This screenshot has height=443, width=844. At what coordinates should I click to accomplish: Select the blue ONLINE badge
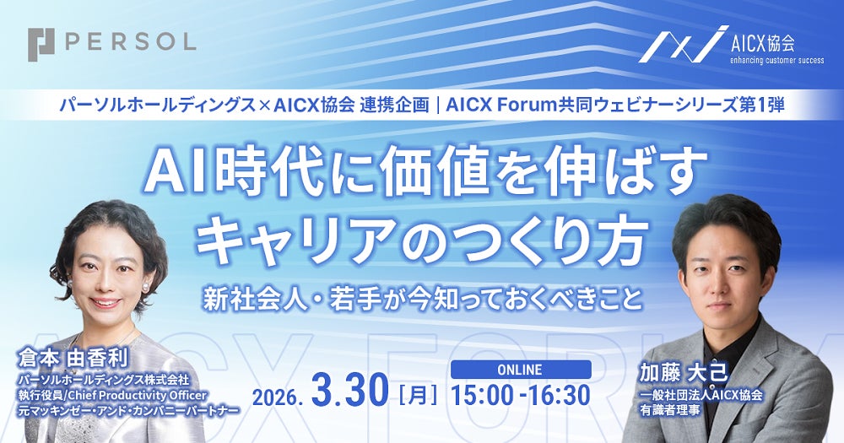(521, 369)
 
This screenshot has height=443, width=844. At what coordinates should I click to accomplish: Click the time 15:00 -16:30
(521, 393)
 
